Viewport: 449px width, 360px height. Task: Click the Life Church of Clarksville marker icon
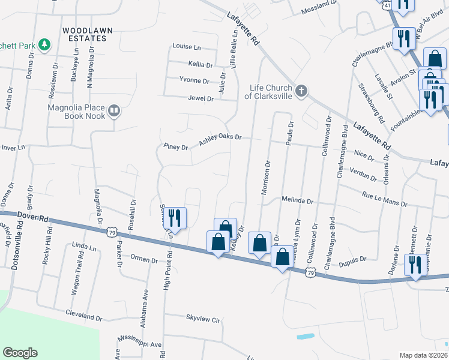(x=301, y=92)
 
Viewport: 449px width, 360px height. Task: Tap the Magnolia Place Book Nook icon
(x=114, y=110)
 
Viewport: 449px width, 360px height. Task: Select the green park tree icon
(x=44, y=44)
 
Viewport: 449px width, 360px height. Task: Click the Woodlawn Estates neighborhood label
(x=85, y=34)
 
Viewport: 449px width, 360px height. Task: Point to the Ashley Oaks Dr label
(x=220, y=137)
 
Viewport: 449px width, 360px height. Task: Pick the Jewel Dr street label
(x=200, y=98)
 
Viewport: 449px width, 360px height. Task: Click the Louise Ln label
(x=186, y=46)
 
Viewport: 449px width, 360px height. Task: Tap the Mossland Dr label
(x=319, y=3)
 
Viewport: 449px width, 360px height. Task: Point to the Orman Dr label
(x=143, y=260)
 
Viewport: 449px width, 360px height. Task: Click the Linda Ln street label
(x=84, y=247)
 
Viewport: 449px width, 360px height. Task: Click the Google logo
(x=20, y=353)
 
